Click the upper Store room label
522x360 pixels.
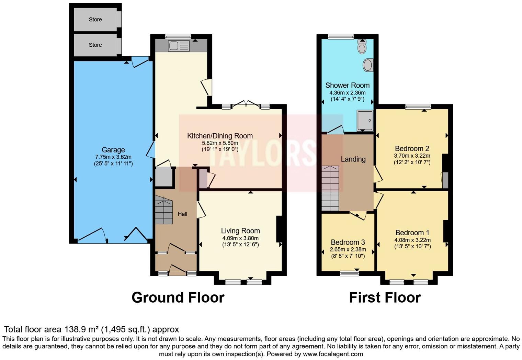(x=95, y=20)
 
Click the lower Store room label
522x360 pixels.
(x=95, y=45)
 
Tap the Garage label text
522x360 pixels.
(x=113, y=150)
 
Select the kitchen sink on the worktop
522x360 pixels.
(x=179, y=46)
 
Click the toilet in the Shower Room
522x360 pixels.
(x=362, y=47)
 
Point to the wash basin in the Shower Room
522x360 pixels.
(x=368, y=65)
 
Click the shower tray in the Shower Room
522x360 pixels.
(x=365, y=120)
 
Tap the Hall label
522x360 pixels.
(x=182, y=214)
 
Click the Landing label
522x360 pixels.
(x=353, y=159)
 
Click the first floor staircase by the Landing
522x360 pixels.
(x=330, y=188)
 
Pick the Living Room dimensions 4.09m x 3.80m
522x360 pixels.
(x=240, y=238)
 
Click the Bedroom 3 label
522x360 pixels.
(x=348, y=242)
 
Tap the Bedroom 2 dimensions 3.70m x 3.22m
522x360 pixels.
(x=412, y=156)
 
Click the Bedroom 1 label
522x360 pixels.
(x=412, y=233)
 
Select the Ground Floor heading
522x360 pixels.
(x=178, y=297)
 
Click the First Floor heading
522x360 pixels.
(x=385, y=297)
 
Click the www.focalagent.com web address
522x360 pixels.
(x=333, y=354)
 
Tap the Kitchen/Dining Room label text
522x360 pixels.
(x=220, y=136)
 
